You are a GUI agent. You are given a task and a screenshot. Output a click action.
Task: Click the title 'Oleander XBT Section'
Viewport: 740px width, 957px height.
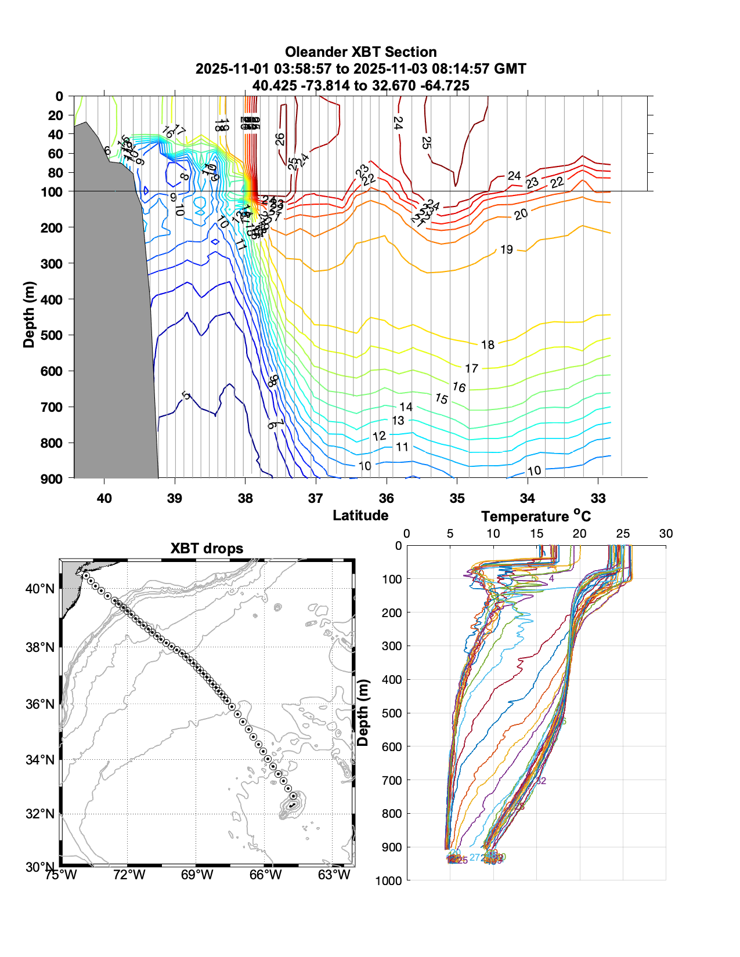point(360,52)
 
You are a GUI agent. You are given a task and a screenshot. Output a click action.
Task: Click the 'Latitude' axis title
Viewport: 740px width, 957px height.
point(360,515)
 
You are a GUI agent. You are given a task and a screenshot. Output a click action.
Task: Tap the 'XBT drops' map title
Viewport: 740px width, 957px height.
point(207,549)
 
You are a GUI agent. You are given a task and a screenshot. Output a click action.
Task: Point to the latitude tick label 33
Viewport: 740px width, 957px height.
point(598,498)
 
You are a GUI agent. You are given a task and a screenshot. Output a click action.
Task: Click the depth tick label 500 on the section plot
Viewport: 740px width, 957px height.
point(52,335)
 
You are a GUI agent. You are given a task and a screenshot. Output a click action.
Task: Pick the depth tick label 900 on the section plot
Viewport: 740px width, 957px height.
point(52,478)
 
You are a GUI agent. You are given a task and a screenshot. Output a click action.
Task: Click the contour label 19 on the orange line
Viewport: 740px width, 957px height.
point(507,249)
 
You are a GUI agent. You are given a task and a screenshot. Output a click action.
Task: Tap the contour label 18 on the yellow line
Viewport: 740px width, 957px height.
point(488,345)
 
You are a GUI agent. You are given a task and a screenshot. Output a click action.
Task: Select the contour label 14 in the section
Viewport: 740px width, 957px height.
point(406,407)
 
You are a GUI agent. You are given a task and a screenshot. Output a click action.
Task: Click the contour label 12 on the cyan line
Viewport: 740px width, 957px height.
point(379,436)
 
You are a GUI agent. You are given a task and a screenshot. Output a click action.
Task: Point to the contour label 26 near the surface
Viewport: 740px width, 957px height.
point(280,139)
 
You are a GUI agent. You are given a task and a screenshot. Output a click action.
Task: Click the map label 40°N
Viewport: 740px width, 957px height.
point(40,589)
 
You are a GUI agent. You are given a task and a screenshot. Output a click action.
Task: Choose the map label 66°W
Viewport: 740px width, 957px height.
point(265,875)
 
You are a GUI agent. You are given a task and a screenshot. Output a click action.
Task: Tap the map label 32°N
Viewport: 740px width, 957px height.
point(40,814)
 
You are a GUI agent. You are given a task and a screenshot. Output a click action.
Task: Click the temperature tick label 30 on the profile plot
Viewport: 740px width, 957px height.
point(666,534)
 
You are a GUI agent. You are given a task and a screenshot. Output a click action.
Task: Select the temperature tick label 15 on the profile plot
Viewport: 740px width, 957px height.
point(536,534)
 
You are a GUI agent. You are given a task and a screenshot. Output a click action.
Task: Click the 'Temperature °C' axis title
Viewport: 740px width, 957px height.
point(535,516)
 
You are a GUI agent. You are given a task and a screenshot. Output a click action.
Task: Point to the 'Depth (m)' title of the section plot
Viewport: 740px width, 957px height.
point(29,315)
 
